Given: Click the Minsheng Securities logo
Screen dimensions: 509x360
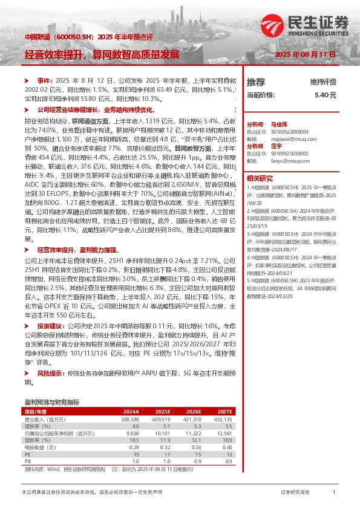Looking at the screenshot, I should (321, 25).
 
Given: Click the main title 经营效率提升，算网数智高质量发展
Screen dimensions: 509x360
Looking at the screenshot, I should (102, 55).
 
